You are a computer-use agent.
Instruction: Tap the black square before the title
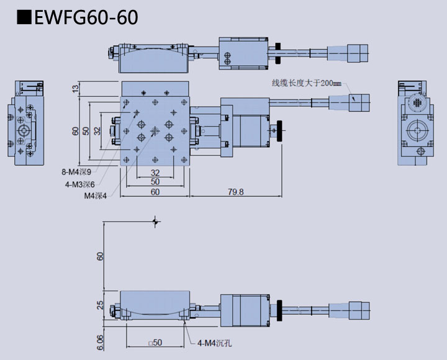click(24, 17)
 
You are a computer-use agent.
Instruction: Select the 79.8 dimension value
click(235, 192)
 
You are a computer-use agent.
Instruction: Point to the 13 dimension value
click(76, 89)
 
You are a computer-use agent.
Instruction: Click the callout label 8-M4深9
click(76, 172)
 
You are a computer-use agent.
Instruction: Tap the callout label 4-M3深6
click(79, 184)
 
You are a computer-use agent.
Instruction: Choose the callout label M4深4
click(96, 196)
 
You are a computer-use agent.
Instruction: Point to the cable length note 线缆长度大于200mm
click(307, 83)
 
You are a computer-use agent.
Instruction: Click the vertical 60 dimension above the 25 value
click(101, 256)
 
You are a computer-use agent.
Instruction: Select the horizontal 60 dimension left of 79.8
click(155, 192)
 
